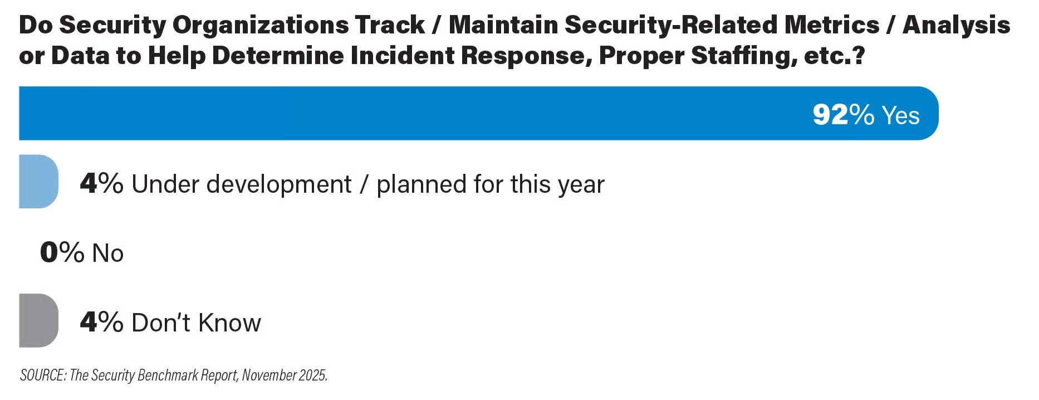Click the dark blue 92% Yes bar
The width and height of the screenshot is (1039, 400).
pyautogui.click(x=479, y=113)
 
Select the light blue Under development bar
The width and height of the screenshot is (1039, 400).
pyautogui.click(x=38, y=182)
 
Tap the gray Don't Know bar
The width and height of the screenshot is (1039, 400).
pyautogui.click(x=38, y=320)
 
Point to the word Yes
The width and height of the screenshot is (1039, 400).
pyautogui.click(x=901, y=115)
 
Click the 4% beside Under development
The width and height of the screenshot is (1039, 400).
pyautogui.click(x=101, y=183)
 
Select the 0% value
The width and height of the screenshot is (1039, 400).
pyautogui.click(x=62, y=252)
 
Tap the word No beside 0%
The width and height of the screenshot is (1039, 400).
pyautogui.click(x=108, y=253)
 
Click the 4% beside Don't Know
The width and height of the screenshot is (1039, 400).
pyautogui.click(x=101, y=322)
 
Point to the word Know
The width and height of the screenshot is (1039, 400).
pyautogui.click(x=229, y=323)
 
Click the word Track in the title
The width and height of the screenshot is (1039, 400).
pyautogui.click(x=390, y=25)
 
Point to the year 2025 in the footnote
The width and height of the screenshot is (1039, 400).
pyautogui.click(x=313, y=375)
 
